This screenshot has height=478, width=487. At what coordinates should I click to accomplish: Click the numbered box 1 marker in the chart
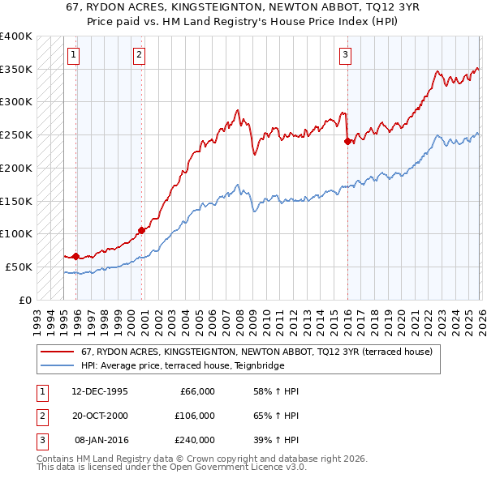tap(74, 55)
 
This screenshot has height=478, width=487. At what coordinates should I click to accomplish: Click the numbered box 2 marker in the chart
tap(140, 55)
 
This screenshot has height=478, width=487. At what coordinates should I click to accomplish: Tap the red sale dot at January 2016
tap(347, 141)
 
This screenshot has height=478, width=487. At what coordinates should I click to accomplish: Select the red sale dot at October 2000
tap(141, 229)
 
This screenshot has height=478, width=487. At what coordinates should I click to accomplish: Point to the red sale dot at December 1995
tap(75, 256)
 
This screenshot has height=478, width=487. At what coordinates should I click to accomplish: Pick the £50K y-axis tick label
tap(19, 267)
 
